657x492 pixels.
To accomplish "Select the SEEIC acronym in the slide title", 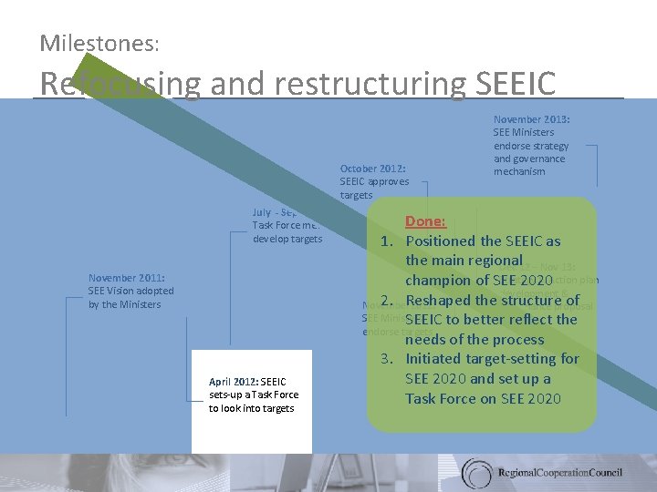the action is tap(516, 83).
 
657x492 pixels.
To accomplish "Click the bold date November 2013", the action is tap(531, 119).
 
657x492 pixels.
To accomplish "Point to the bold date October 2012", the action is tap(372, 169).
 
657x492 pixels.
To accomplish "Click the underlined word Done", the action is tap(425, 221).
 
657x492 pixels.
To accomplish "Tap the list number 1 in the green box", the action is tap(387, 241).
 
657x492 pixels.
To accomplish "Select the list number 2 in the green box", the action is tap(387, 301).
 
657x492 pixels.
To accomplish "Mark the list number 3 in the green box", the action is tap(387, 359).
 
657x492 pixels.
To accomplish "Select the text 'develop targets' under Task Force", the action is tap(287, 239).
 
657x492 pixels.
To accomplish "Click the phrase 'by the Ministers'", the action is tap(124, 304).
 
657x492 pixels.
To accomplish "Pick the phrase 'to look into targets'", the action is tap(251, 408).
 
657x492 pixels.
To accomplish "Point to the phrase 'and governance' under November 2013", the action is tap(529, 159).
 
